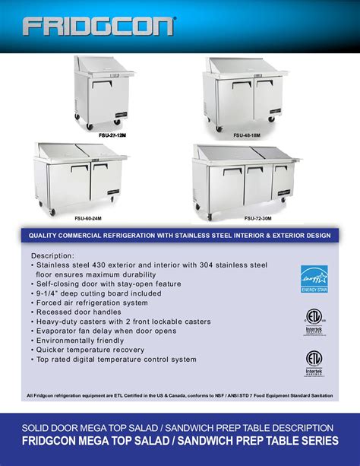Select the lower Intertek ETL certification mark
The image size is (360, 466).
click(314, 363)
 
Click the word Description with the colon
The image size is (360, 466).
click(52, 255)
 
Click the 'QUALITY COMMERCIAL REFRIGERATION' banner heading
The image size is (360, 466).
click(180, 236)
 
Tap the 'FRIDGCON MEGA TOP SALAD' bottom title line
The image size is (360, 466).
click(180, 441)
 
